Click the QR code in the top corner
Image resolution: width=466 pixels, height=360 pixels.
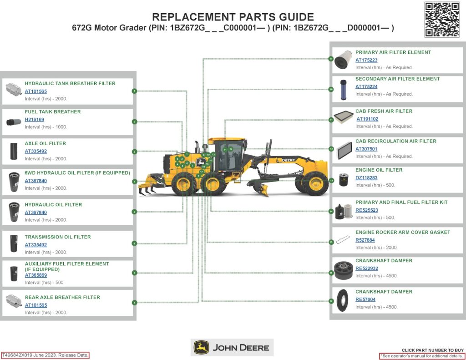[441, 19]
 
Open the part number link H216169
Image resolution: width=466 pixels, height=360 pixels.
[35, 120]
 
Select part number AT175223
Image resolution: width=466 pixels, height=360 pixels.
[366, 60]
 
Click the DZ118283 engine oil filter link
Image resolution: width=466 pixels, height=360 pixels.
[366, 178]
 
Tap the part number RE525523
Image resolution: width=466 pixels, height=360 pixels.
[366, 210]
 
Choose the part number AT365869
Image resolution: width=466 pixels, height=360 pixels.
[36, 275]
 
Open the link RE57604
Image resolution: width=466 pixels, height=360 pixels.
[365, 299]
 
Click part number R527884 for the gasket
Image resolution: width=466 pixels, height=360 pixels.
[365, 240]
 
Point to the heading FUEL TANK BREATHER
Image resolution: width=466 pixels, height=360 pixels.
[53, 112]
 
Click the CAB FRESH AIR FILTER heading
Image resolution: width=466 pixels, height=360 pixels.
[384, 111]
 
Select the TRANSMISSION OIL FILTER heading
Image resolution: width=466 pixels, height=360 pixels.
[58, 237]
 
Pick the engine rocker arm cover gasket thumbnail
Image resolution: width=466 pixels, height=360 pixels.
[343, 239]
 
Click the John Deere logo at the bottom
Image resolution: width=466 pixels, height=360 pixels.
[232, 348]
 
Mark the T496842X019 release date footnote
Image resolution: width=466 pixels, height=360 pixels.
[45, 355]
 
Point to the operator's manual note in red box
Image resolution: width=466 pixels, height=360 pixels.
[422, 356]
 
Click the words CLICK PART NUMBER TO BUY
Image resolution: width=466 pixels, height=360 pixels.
[432, 350]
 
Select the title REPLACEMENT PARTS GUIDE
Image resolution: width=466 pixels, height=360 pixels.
[233, 17]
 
